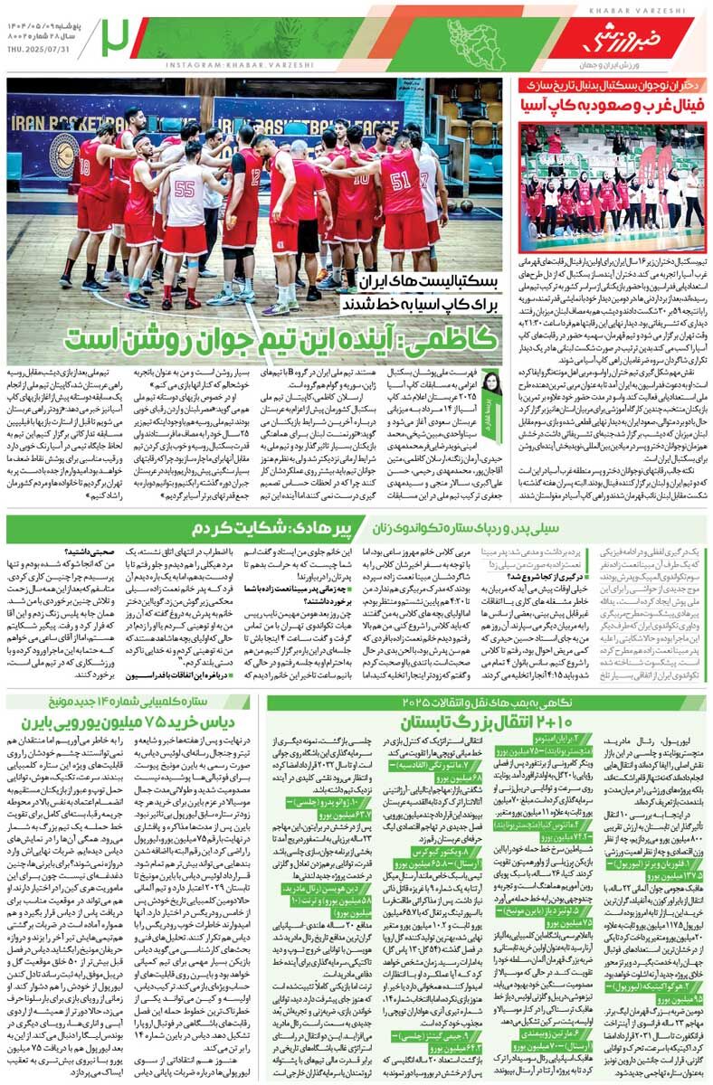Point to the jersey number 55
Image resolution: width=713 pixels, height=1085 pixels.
click(x=185, y=189)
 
